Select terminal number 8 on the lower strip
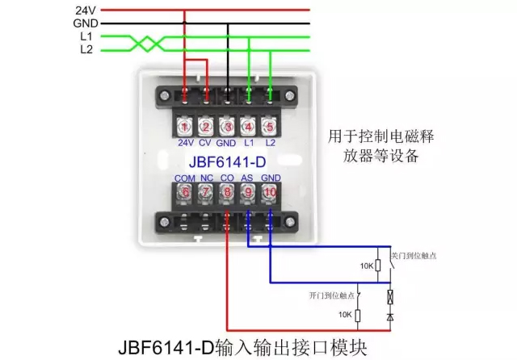click(228, 192)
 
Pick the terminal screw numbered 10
click(270, 192)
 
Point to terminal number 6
click(185, 192)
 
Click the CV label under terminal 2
click(206, 144)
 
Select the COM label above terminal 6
click(185, 177)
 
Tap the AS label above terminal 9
click(249, 177)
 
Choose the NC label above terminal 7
click(206, 177)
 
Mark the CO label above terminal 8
click(228, 177)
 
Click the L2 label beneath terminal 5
click(270, 144)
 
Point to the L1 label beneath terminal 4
click(249, 144)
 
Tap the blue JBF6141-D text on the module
click(227, 160)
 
